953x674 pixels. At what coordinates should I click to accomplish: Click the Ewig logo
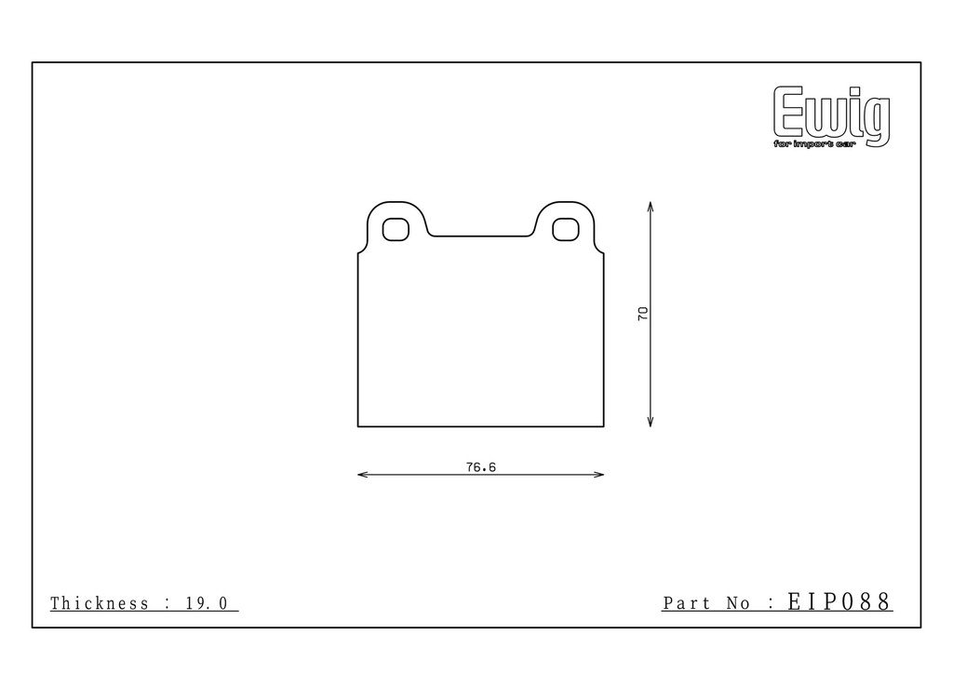831,115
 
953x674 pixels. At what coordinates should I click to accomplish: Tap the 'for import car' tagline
814,144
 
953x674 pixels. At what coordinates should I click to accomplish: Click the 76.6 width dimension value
481,467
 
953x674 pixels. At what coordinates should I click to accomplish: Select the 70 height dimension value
642,314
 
